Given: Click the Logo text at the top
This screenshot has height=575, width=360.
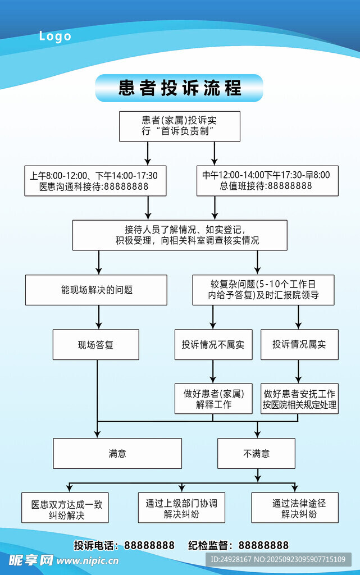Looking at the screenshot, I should pos(55,36).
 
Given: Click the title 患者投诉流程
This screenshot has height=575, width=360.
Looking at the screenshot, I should pos(179,88).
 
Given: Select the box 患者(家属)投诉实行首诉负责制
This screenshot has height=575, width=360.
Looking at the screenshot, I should pos(180,126).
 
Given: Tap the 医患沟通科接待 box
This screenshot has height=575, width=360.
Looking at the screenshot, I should pos(95,181).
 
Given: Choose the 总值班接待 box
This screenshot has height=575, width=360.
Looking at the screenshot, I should pos(267,181).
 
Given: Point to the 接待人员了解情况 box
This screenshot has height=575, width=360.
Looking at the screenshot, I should pos(180,235).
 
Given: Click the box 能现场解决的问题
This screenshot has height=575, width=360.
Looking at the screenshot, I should pos(96,290).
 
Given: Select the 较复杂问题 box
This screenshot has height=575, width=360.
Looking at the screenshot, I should pos(263,290).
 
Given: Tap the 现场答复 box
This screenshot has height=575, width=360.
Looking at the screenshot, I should pos(95,344).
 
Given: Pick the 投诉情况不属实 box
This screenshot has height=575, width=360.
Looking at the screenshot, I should pos(213,344).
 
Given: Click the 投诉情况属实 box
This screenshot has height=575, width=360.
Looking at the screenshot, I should pos(299,344).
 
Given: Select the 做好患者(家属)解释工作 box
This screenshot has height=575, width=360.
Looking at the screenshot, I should pos(213,399).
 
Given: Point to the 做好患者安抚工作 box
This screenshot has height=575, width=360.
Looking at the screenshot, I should pos(299,399).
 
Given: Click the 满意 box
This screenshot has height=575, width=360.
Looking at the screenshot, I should pos(117,453).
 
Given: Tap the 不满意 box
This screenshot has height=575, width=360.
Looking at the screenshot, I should pos(256,453).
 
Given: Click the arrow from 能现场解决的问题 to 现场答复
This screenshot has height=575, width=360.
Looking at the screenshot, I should pos(99,317).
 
